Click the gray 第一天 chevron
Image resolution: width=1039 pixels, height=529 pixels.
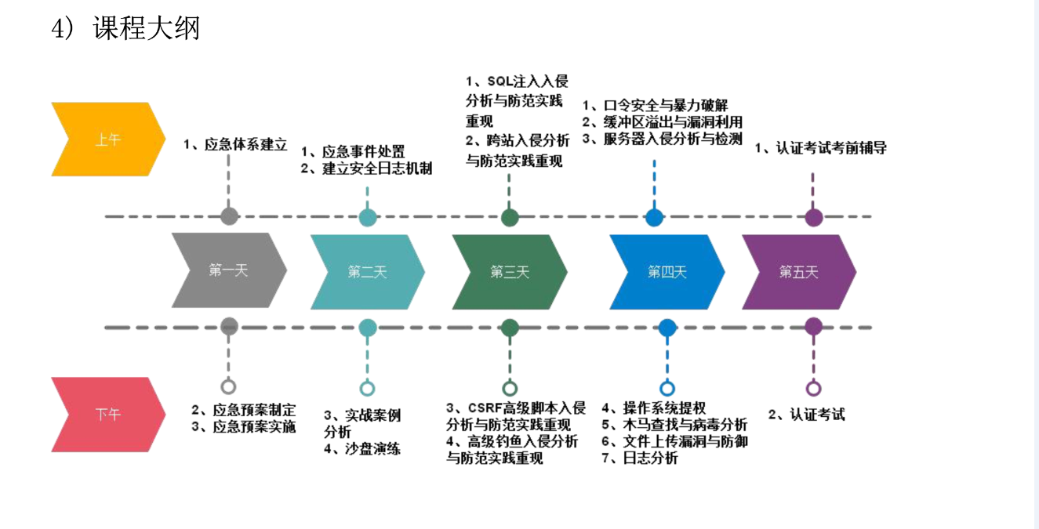(228, 271)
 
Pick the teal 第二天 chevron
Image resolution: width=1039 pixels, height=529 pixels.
(367, 272)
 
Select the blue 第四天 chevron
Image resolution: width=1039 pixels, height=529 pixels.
(667, 272)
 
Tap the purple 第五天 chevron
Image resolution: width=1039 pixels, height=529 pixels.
(798, 272)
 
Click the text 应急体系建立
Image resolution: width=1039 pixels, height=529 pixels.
(245, 144)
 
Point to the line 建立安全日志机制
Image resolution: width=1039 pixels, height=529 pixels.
(376, 168)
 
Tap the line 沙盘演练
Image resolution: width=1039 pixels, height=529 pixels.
(372, 449)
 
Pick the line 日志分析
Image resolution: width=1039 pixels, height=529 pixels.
(650, 458)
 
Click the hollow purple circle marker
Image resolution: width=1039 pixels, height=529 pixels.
(813, 388)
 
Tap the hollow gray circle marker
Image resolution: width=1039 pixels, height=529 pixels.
(228, 386)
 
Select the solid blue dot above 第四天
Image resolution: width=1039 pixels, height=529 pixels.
(654, 217)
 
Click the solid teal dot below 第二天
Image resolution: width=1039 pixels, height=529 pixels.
(367, 328)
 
